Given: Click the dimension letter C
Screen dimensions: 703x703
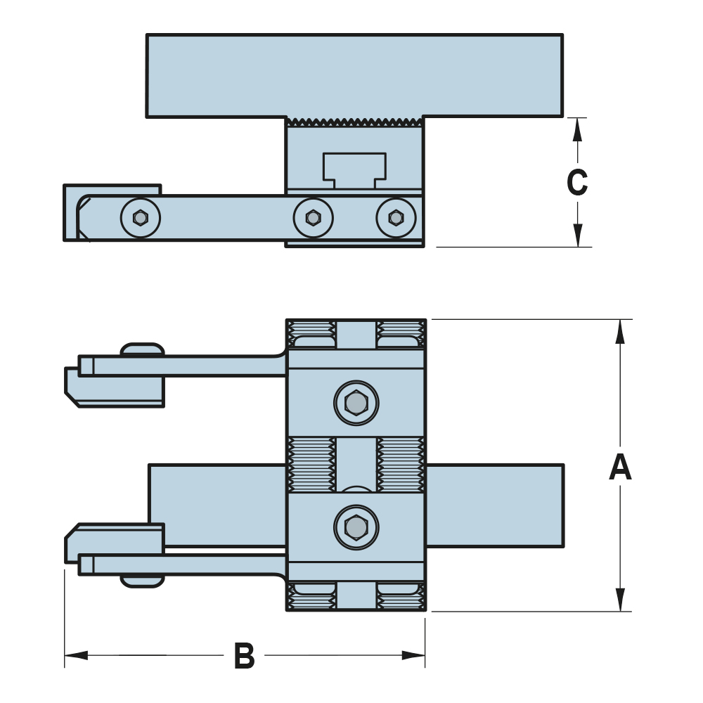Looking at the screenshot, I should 577,183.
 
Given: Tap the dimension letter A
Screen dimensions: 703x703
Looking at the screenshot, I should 620,467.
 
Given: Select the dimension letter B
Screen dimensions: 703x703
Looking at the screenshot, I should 244,657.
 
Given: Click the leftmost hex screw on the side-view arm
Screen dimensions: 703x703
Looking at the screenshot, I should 141,218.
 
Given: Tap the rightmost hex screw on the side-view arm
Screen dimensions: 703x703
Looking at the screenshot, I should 396,218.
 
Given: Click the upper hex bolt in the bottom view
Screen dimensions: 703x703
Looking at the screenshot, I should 356,404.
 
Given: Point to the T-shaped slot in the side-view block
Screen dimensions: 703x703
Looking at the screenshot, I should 354,169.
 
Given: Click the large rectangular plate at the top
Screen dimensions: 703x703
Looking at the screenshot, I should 354,75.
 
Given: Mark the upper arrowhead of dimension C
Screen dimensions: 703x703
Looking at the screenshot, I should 577,127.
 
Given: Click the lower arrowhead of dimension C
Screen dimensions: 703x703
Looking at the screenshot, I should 577,237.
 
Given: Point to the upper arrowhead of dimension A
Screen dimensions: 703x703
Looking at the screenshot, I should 620,330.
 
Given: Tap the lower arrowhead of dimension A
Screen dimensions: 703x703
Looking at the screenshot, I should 620,600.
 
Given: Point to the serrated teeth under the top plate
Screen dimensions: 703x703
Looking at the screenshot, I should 354,122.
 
